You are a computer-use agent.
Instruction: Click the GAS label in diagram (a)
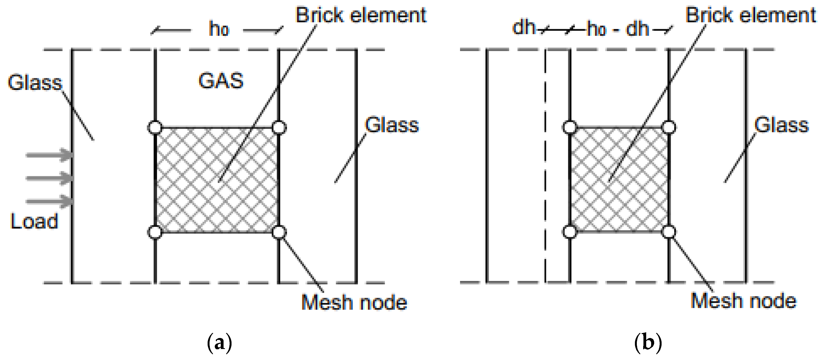(x=221, y=81)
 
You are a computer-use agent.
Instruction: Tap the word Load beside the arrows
(x=34, y=221)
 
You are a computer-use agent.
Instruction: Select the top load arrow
(x=49, y=155)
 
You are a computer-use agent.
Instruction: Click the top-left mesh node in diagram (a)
(x=155, y=127)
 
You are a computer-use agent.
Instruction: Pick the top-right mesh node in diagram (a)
(x=279, y=127)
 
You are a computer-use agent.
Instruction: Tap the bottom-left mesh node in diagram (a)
(x=155, y=232)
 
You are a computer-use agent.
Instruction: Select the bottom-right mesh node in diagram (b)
(x=669, y=232)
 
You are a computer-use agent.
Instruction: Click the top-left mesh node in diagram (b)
(x=570, y=127)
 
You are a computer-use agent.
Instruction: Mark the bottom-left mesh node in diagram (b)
(x=570, y=232)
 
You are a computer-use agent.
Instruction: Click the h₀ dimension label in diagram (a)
(x=219, y=29)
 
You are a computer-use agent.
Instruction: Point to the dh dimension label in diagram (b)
(x=524, y=27)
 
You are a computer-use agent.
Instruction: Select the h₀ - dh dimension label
(x=618, y=29)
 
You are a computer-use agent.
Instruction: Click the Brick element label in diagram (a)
(x=361, y=15)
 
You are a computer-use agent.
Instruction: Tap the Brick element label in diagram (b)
(x=751, y=15)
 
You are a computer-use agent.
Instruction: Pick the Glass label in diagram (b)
(x=781, y=125)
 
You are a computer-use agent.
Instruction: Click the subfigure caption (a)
(x=219, y=343)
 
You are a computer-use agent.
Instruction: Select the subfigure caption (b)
(x=648, y=343)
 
